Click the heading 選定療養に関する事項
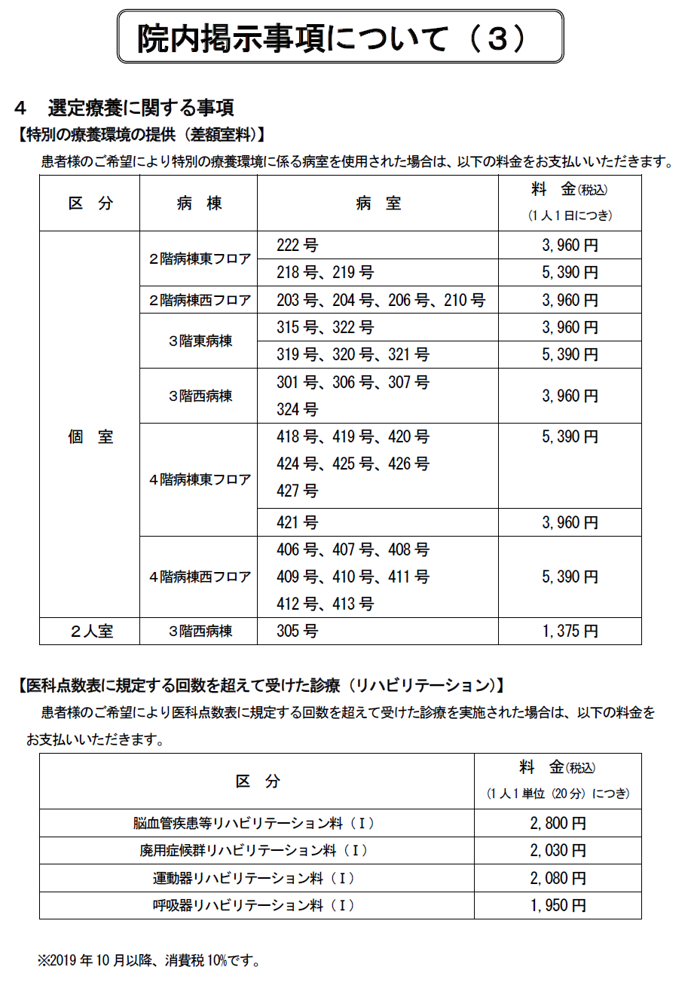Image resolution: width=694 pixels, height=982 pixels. point(140,108)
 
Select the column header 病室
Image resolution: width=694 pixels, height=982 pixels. point(378,203)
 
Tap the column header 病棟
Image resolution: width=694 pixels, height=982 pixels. point(199,203)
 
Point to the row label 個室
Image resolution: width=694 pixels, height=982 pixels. point(90,437)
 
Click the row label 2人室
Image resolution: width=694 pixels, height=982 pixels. point(90,632)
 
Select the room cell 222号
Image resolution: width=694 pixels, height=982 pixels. point(297,245)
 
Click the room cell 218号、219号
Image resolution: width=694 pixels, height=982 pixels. point(325,272)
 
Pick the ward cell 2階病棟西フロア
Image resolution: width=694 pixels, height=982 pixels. point(199,300)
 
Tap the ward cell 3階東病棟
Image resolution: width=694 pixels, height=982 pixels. point(199,341)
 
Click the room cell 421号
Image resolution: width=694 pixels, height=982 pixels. point(297,522)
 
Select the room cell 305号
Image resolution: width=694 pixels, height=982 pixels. point(297,632)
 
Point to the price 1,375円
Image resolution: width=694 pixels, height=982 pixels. point(570,632)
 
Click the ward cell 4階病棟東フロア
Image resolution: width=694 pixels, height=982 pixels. point(199,479)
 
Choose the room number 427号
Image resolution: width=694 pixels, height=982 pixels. point(297,491)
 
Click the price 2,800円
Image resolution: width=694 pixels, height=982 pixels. point(558,823)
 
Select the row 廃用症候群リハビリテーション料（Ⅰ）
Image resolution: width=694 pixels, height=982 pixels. point(257,851)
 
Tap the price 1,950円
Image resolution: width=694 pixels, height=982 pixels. point(558,906)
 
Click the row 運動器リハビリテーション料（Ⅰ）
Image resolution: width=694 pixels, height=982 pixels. point(257,878)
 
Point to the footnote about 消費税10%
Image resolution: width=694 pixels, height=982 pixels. point(149,961)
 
